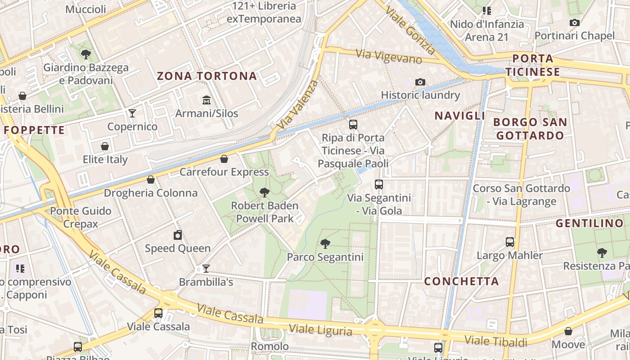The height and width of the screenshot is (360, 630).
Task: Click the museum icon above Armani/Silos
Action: coord(207,99)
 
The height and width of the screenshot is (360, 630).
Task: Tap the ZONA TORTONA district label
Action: coord(207,76)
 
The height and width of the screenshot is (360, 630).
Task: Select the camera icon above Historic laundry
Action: coord(420,82)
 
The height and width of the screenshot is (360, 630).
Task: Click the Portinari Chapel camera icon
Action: coord(574,22)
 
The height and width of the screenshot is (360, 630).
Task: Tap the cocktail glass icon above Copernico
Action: coord(132,113)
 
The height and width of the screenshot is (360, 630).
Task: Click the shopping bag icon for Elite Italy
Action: coord(105,146)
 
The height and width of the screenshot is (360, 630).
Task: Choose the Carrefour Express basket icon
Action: coord(224,159)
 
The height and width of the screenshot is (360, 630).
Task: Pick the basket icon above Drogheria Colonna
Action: coord(151,180)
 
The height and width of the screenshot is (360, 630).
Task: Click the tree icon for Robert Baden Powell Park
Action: coord(265,193)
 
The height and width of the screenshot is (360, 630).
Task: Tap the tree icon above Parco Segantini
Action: coord(325,244)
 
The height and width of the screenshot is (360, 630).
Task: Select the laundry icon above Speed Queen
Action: coord(178,235)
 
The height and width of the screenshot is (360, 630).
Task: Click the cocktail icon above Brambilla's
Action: coord(206,269)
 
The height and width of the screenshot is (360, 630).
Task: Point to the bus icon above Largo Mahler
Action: coord(510,242)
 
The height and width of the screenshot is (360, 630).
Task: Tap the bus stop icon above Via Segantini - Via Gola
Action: coord(379,184)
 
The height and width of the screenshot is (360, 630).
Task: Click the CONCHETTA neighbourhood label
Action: coord(462,282)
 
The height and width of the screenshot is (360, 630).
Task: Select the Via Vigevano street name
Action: coord(389,56)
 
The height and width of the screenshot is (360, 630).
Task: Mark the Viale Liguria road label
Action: coord(320,329)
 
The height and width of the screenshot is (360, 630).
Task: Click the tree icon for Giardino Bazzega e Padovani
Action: coord(85,55)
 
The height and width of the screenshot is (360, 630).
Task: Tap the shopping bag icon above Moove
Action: coord(568,331)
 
